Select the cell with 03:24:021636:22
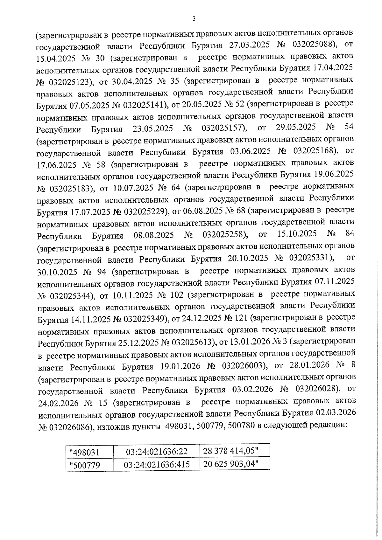click(x=157, y=452)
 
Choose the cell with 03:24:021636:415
click(x=157, y=465)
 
